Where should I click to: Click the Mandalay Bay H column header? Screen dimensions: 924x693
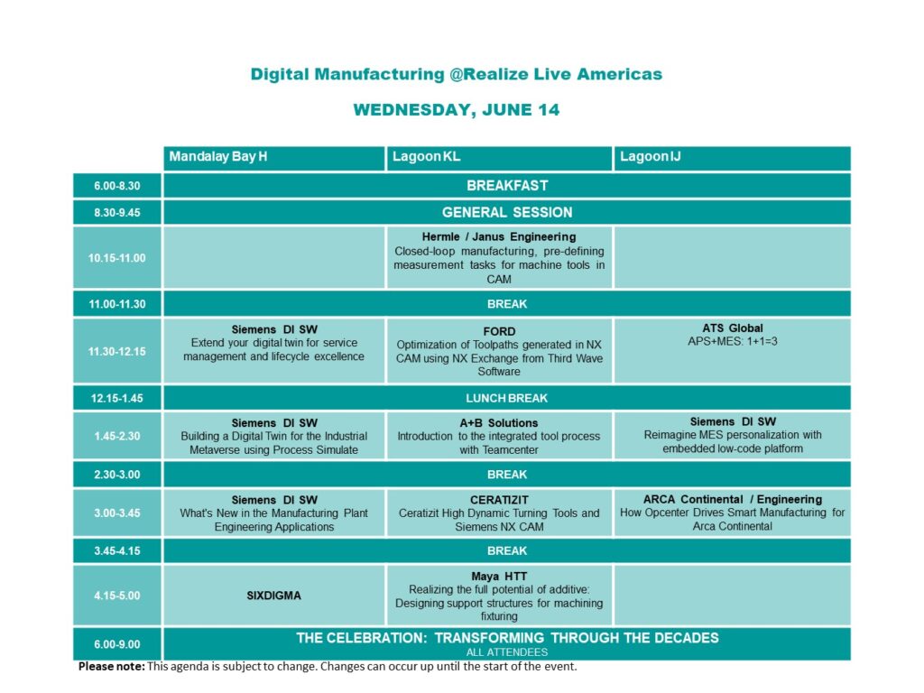(x=218, y=157)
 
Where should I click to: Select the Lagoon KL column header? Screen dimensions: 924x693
(x=427, y=157)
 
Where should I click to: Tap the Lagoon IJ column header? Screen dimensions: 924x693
(x=650, y=157)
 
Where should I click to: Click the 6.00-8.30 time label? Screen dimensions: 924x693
(x=116, y=186)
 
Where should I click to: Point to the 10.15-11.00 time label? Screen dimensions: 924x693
(x=116, y=258)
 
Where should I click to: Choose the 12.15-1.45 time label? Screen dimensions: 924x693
(x=116, y=398)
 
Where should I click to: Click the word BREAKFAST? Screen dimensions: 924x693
(x=507, y=186)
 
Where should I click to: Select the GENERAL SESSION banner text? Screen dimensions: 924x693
(x=507, y=213)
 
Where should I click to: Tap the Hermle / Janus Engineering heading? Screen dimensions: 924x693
(x=499, y=237)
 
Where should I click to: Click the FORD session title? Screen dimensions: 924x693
(x=499, y=332)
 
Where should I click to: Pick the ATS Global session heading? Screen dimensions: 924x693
(x=733, y=328)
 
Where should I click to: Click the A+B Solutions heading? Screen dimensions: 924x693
(x=499, y=423)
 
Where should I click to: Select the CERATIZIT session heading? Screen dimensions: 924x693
(x=499, y=500)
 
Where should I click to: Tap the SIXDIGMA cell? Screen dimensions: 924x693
(x=274, y=596)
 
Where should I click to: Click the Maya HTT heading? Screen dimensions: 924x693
(x=499, y=577)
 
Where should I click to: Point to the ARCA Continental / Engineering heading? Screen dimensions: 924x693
(x=733, y=499)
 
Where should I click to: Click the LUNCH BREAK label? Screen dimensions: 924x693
(x=507, y=398)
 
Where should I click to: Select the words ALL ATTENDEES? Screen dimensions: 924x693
(x=507, y=652)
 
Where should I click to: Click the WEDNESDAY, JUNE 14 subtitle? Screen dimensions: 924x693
(x=457, y=110)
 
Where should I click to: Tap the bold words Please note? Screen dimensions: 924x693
(x=111, y=667)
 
